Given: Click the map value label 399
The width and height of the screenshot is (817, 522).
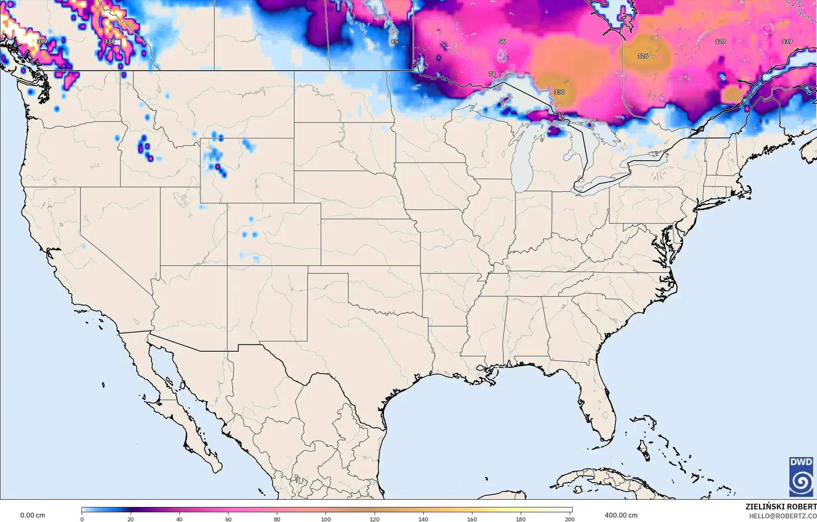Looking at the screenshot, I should point(42,41).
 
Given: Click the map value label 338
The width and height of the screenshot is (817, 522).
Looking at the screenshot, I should point(109,41).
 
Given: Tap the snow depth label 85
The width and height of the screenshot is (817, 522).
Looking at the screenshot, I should point(394,41).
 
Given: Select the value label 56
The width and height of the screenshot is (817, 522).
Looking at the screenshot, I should point(502,41).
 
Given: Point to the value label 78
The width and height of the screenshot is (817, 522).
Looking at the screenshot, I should point(492,74).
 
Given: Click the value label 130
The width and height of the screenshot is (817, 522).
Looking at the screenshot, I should point(559,92).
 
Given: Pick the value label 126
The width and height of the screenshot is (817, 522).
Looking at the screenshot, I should point(643,56).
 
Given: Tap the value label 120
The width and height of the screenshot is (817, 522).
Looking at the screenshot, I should point(720,41).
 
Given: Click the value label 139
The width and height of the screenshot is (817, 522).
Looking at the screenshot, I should point(787,41).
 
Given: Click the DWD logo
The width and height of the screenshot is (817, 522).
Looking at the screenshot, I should point(801,477).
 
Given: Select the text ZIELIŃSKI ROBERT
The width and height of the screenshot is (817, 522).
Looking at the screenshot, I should point(780,507).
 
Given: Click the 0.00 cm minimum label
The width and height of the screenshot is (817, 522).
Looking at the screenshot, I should point(33,515).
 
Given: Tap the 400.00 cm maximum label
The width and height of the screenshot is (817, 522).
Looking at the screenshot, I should point(621,515).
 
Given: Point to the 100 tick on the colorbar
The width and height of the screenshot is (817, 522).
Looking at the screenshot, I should point(326,519).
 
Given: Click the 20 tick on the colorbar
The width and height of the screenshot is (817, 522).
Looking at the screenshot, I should point(131,519).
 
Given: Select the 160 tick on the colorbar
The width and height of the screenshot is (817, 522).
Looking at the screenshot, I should point(472,519).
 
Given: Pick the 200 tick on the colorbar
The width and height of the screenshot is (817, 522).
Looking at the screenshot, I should point(569,519).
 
